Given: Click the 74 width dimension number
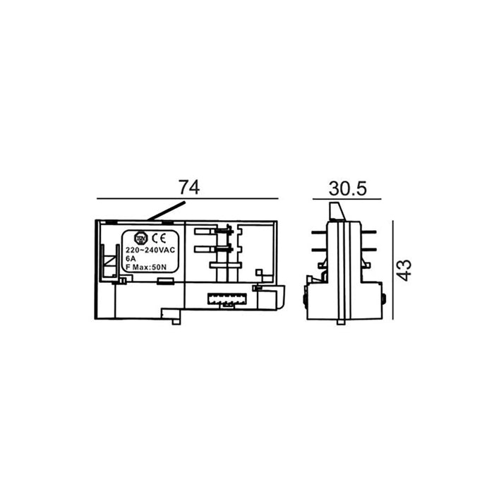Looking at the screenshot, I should coord(188,187).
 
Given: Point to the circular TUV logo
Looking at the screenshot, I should coord(140,239).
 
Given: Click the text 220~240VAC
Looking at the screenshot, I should coord(150,251).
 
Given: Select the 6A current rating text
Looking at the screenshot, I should coord(130,259).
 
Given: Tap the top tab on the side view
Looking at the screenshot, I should coord(338,210).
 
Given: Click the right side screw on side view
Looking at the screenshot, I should coord(383,299).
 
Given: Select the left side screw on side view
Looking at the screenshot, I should coord(305,299).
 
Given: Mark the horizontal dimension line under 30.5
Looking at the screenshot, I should coord(347,199).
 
